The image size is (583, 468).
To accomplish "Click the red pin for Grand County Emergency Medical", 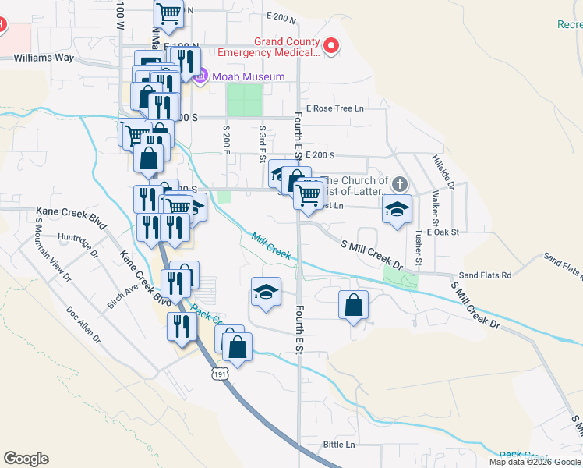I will [331, 47].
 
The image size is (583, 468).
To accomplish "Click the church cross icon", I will [399, 185].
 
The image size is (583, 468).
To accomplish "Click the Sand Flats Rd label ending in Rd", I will [485, 275].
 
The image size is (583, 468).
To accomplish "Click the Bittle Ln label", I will [338, 445].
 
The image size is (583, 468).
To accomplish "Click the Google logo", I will [26, 459].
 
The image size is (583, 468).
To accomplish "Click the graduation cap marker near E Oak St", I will [397, 209].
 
